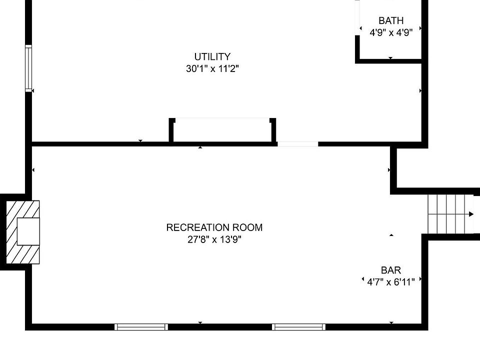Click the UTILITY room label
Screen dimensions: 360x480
point(212,57)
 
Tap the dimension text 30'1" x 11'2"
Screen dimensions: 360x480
point(212,69)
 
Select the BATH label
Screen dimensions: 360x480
point(391,21)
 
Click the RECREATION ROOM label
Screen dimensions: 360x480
point(214,227)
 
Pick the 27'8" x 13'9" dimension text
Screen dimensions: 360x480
point(214,239)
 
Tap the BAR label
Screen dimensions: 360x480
point(391,270)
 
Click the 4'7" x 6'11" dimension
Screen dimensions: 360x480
point(391,282)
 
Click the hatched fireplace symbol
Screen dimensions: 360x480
point(23,231)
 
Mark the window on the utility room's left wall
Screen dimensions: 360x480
point(28,68)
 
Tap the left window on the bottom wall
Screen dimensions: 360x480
point(141,327)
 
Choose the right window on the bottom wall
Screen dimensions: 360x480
point(298,327)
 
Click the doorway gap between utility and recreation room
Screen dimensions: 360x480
point(297,144)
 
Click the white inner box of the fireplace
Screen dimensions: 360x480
point(28,231)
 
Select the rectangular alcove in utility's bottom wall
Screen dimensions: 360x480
point(222,131)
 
